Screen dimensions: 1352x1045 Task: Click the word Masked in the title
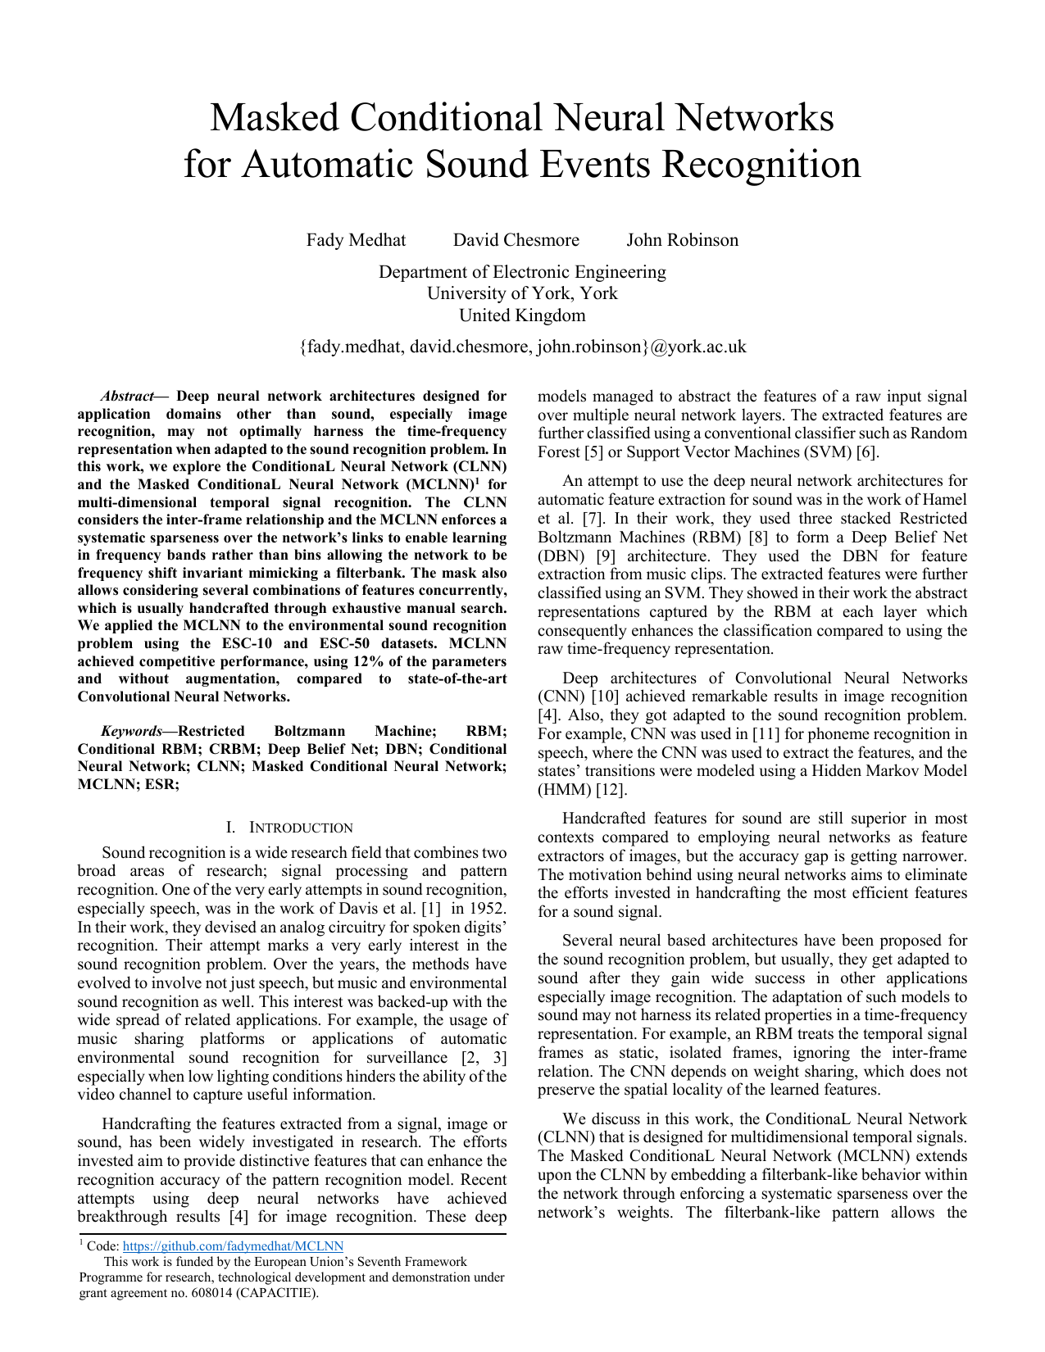(273, 117)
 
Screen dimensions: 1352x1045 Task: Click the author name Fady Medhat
(356, 240)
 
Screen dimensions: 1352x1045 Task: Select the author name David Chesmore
(516, 240)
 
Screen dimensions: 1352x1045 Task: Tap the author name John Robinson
(682, 240)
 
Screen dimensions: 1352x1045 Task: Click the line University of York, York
(522, 293)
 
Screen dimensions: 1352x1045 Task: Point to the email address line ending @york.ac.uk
(522, 347)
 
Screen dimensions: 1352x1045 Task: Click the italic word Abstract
(127, 397)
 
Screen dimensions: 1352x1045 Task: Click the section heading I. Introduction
(289, 828)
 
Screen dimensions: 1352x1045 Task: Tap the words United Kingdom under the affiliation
(522, 315)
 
